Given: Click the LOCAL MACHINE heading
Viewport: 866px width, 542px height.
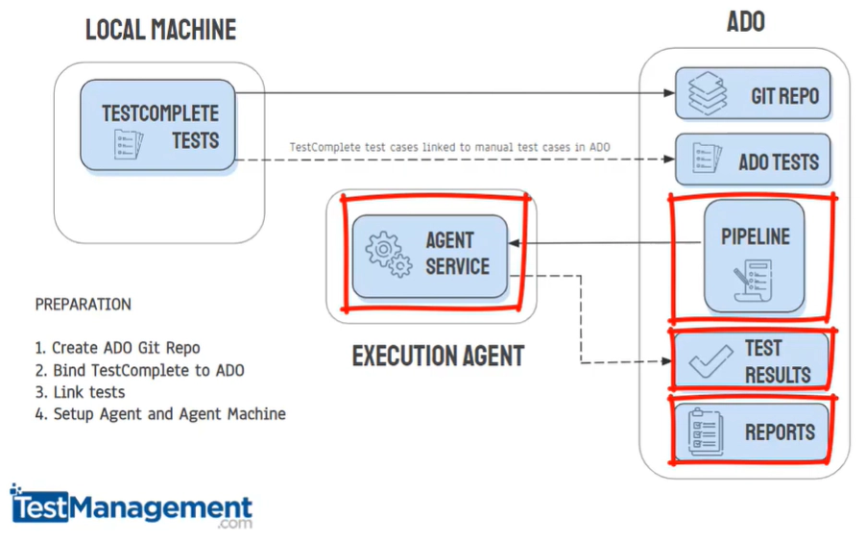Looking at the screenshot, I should tap(160, 30).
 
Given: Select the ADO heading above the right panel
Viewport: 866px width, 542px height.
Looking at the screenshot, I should tap(745, 21).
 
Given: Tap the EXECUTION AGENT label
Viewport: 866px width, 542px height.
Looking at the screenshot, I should tap(438, 356).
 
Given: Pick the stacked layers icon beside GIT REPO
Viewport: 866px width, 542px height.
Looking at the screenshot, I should tap(709, 94).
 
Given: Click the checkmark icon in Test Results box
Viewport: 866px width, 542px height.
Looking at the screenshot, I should tap(710, 362).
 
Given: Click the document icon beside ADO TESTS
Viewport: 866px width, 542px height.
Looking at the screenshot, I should tap(708, 160).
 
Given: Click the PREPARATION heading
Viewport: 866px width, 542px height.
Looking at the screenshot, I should tap(83, 305).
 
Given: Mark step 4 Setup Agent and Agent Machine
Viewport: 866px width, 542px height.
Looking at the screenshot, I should tap(160, 414).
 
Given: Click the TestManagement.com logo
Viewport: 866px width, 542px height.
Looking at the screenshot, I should tap(132, 506).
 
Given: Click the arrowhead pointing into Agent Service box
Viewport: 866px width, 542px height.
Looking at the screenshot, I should tap(523, 245).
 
